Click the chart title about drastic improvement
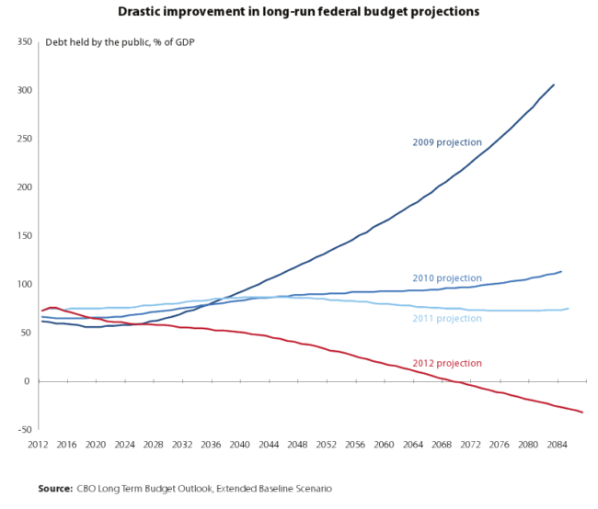pyautogui.click(x=299, y=12)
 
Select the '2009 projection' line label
pyautogui.click(x=446, y=142)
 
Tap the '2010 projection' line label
pyautogui.click(x=446, y=278)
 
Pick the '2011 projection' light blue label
pyautogui.click(x=446, y=319)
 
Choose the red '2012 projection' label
pyautogui.click(x=446, y=363)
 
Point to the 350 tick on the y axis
pyautogui.click(x=25, y=42)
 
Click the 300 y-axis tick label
pyautogui.click(x=25, y=91)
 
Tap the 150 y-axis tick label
pyautogui.click(x=25, y=236)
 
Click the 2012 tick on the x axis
pyautogui.click(x=38, y=445)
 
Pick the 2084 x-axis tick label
pyautogui.click(x=557, y=445)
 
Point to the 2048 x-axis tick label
pyautogui.click(x=297, y=445)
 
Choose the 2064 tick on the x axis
pyautogui.click(x=412, y=445)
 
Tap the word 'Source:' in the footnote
pyautogui.click(x=55, y=488)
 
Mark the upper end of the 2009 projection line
pyautogui.click(x=554, y=85)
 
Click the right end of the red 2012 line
pyautogui.click(x=582, y=413)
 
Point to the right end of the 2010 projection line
pyautogui.click(x=561, y=271)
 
